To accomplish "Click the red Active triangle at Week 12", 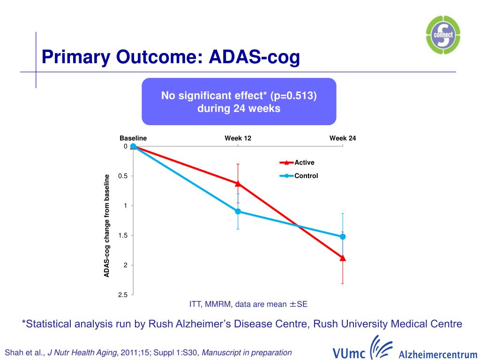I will coord(238,183).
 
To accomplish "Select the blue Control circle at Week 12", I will coord(238,211).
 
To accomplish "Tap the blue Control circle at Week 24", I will coord(343,237).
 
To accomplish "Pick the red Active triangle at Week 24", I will coord(343,258).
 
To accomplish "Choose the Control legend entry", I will coord(306,176).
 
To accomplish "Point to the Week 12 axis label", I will coord(238,138).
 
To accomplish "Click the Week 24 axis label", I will coord(343,138).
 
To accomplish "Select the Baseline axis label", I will coord(133,138).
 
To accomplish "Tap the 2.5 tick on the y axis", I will coord(123,295).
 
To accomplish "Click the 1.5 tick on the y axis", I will coord(123,235).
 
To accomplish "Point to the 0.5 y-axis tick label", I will coord(123,176).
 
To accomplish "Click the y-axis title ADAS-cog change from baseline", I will coord(107,225).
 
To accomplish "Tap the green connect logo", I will coord(443,34).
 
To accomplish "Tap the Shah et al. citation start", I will coord(23,352).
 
